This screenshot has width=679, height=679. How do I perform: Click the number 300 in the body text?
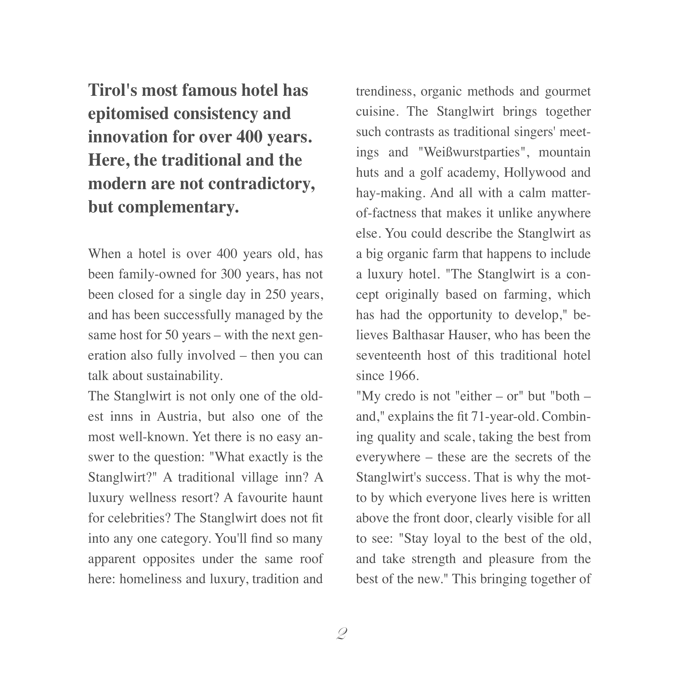pos(231,274)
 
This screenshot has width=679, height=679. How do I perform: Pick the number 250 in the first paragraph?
pos(275,294)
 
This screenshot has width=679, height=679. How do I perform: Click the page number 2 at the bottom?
pos(341,634)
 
